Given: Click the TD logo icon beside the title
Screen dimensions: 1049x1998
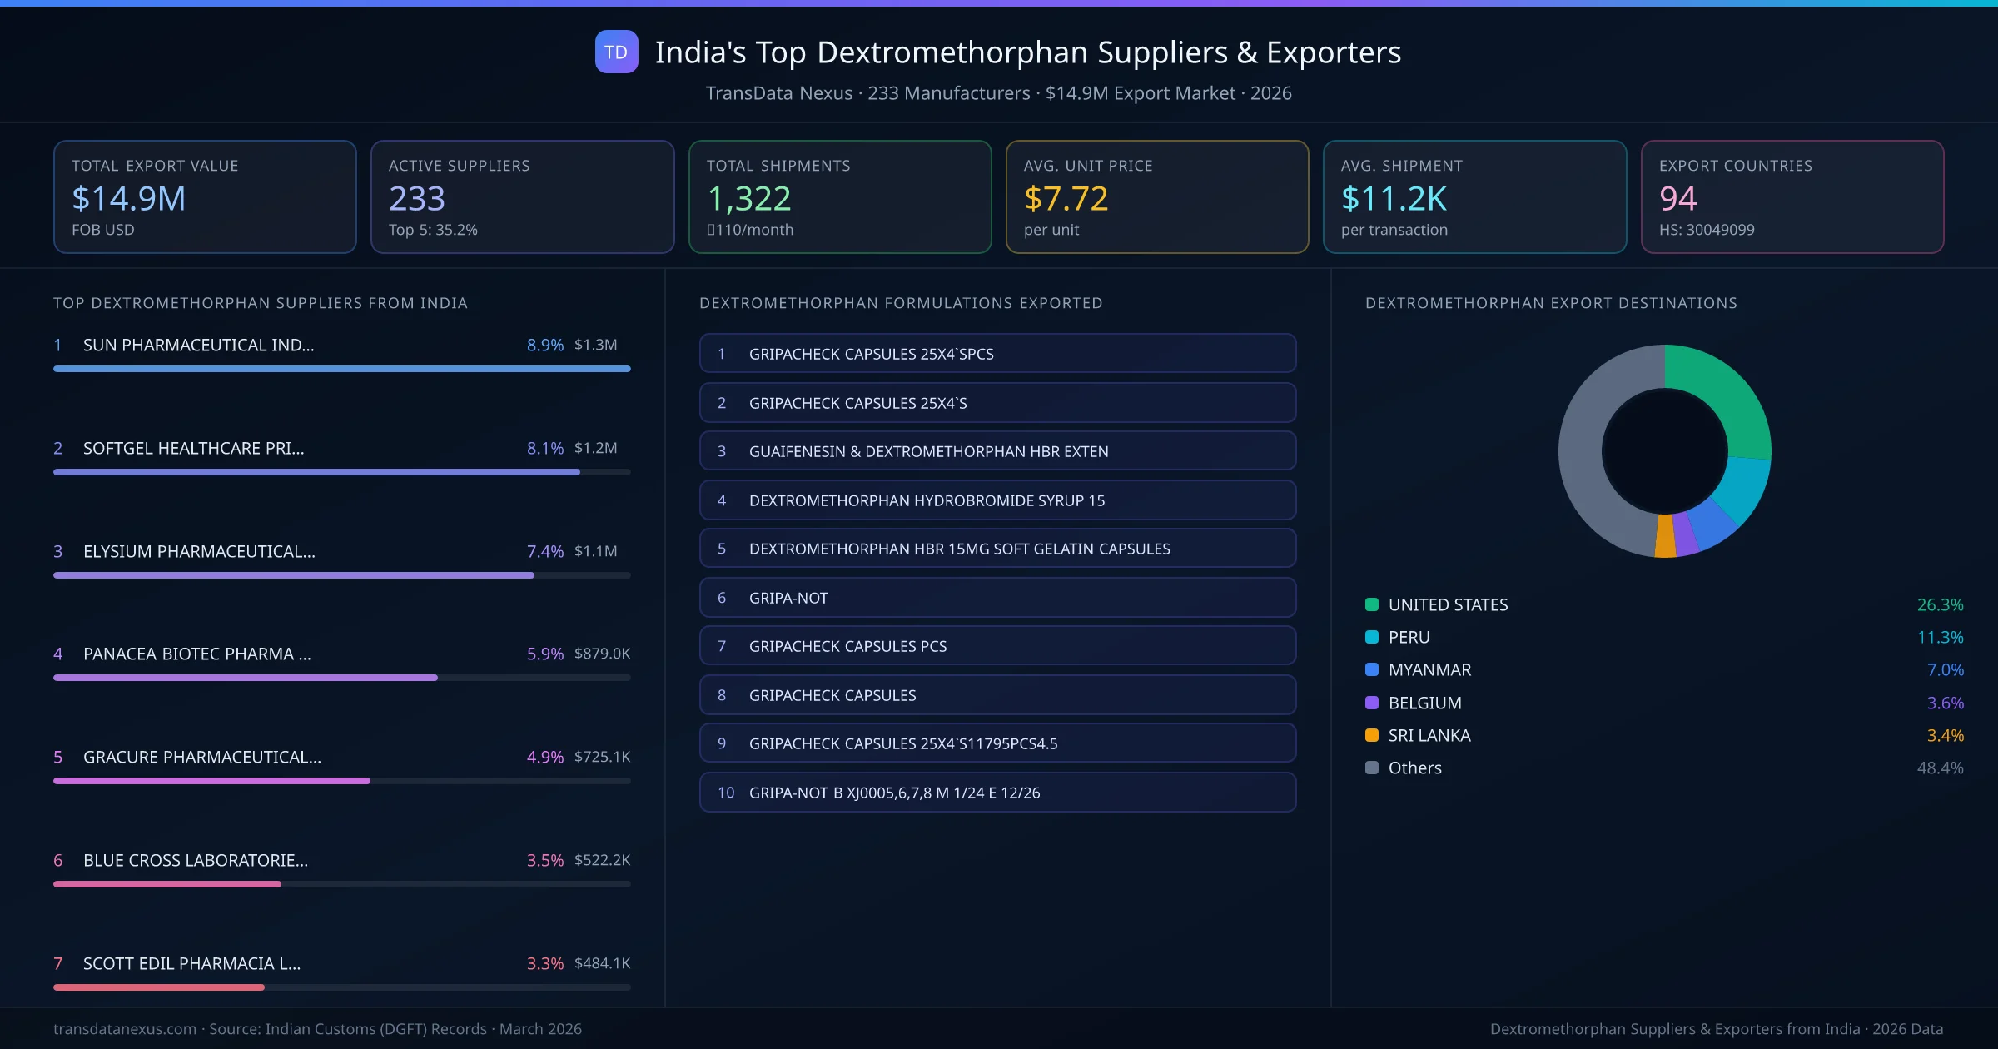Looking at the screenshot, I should [616, 52].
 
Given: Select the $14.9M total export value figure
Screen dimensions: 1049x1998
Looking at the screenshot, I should [129, 198].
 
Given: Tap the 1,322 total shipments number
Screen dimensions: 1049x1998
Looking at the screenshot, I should [748, 198].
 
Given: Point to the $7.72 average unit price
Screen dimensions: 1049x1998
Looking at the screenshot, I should [1066, 198].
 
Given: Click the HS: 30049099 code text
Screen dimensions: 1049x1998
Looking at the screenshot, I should [1706, 230].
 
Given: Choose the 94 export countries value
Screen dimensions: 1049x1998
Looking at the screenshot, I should [1677, 198].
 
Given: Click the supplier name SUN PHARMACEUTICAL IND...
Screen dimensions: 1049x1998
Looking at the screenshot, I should [198, 345].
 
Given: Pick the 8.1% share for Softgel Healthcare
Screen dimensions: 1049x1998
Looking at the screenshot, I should [544, 448].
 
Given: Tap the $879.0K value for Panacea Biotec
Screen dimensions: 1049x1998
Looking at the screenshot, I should [602, 654].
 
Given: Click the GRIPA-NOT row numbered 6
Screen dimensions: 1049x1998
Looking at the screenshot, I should [997, 598].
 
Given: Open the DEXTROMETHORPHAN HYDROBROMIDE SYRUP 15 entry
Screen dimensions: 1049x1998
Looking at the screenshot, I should [997, 500].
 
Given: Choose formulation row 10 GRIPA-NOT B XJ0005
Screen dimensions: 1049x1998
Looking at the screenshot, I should [997, 793].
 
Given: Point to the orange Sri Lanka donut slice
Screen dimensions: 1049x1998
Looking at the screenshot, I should [1665, 537].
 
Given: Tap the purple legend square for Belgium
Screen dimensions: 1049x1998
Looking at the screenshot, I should [1372, 703].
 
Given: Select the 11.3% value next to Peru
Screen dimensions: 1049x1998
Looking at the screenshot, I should [1940, 638].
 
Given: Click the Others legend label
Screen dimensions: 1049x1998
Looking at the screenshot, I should [1414, 768].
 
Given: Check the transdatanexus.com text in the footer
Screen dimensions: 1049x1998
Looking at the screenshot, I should [125, 1029].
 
